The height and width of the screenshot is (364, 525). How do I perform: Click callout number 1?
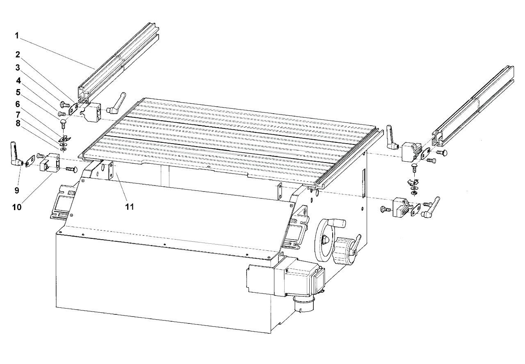pyautogui.click(x=17, y=36)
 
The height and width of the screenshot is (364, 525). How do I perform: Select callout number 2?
pyautogui.click(x=18, y=55)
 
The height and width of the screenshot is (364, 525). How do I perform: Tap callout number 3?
pyautogui.click(x=18, y=68)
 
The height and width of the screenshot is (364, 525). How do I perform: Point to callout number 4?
pyautogui.click(x=18, y=81)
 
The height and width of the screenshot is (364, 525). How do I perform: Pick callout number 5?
pyautogui.click(x=18, y=92)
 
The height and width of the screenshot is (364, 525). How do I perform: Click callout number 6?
pyautogui.click(x=18, y=104)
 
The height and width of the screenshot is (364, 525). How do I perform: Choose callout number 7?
pyautogui.click(x=18, y=114)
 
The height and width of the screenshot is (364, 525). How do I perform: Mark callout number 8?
pyautogui.click(x=18, y=124)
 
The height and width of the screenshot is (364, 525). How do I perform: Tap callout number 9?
pyautogui.click(x=17, y=190)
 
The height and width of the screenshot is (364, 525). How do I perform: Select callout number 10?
pyautogui.click(x=17, y=207)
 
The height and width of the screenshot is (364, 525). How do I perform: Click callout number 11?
pyautogui.click(x=130, y=207)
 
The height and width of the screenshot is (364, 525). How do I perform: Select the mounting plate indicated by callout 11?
pyautogui.click(x=111, y=171)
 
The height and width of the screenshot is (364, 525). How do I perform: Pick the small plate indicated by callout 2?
pyautogui.click(x=73, y=108)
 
